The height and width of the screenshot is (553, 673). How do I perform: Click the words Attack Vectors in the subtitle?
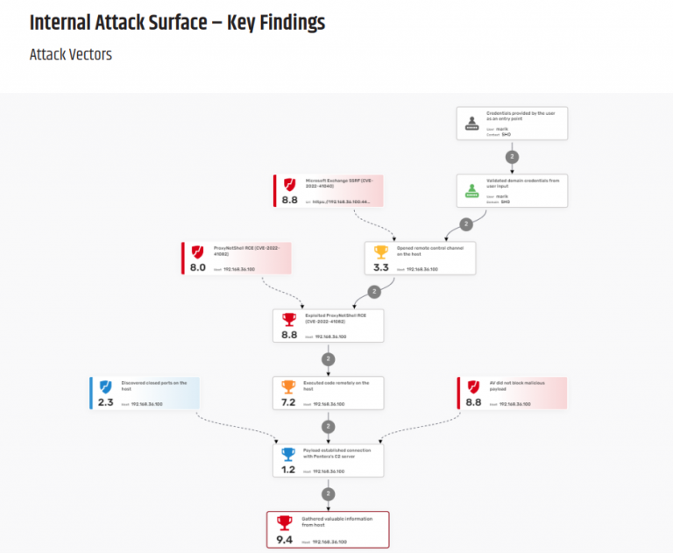(70, 54)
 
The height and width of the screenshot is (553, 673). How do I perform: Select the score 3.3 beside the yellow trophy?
(381, 267)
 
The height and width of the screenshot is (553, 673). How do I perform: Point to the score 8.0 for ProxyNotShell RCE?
(197, 267)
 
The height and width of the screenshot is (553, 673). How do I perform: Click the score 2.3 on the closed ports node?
(105, 403)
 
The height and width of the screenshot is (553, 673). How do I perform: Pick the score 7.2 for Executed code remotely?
(289, 403)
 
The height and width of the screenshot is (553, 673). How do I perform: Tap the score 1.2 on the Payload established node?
(289, 471)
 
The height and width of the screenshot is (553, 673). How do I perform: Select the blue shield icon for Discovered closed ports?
(105, 386)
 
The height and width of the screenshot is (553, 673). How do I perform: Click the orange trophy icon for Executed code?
(289, 386)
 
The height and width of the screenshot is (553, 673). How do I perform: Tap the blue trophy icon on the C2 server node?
(289, 454)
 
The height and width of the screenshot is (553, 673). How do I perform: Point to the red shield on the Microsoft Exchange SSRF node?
(289, 184)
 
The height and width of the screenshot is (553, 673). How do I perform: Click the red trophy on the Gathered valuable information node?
(284, 522)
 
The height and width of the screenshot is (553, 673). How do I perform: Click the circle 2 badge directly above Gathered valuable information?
(328, 494)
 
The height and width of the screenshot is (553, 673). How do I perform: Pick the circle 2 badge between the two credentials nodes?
(513, 156)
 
